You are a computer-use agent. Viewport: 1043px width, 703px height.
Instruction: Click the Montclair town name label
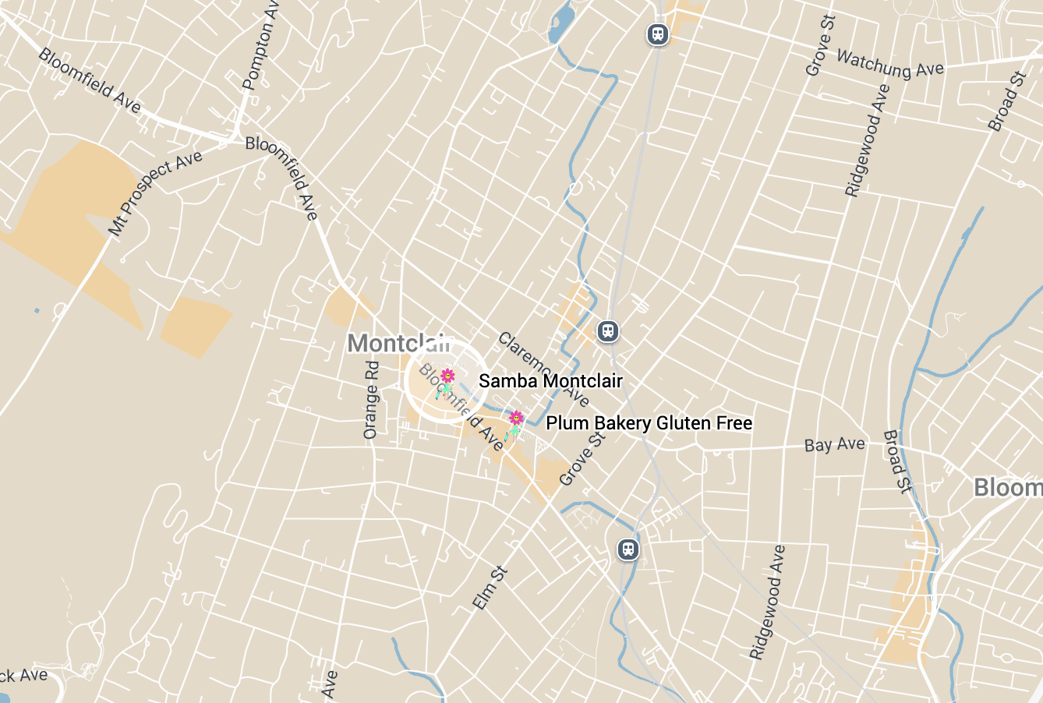398,343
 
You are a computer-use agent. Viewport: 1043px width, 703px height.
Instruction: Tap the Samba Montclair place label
550,381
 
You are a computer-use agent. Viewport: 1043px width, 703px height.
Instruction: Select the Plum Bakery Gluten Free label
649,423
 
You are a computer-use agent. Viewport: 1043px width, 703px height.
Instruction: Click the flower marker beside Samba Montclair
447,377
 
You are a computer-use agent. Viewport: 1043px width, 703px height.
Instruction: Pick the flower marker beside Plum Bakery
515,419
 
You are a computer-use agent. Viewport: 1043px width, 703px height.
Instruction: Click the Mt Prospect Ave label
155,193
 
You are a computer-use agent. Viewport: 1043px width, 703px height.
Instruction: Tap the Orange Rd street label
371,400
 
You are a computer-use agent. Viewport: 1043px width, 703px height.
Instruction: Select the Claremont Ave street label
543,369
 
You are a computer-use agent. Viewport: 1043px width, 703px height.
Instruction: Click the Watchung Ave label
889,63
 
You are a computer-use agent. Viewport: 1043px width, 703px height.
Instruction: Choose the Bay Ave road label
834,445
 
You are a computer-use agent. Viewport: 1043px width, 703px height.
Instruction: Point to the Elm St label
490,588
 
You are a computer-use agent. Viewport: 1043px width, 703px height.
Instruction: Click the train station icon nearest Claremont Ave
608,331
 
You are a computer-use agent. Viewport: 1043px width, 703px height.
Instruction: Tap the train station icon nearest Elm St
628,549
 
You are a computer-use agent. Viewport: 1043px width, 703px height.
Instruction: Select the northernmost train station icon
659,34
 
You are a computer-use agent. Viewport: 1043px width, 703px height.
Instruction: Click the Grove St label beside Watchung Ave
820,45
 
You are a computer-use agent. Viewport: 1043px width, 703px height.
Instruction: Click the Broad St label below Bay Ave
896,461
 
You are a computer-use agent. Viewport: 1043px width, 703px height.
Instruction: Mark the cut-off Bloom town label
1007,488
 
